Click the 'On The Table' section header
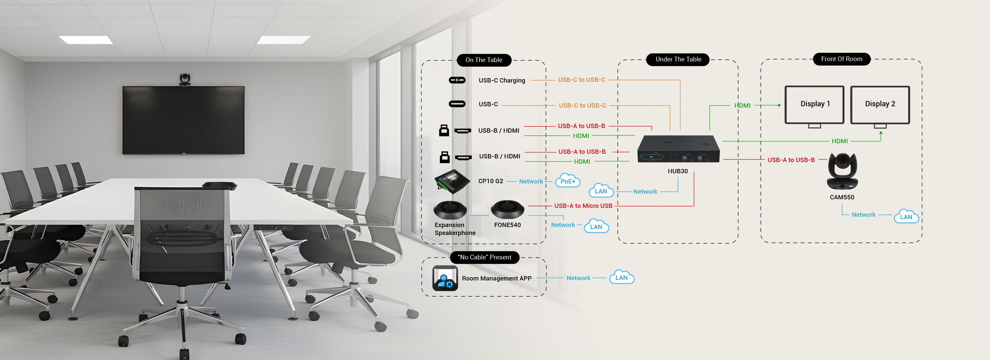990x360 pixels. (483, 60)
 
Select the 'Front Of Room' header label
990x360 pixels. (841, 59)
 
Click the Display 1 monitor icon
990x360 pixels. (814, 105)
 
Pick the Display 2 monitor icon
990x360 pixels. (880, 105)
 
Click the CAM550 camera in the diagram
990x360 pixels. (842, 171)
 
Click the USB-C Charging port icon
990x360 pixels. (457, 80)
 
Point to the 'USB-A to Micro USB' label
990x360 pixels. (583, 206)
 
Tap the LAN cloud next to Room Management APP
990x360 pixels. (621, 278)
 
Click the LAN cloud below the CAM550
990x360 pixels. (906, 217)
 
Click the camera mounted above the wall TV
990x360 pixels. (185, 80)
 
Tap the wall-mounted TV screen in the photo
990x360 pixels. (183, 120)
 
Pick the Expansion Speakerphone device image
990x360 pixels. (450, 210)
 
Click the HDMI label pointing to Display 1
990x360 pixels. (742, 105)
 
